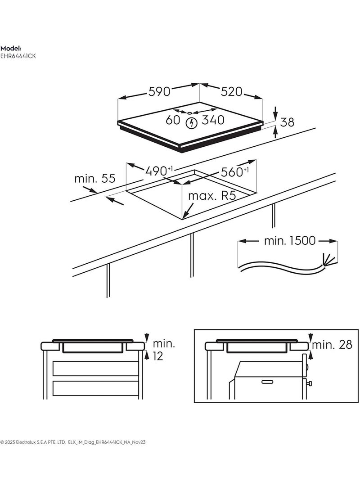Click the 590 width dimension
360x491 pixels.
(x=159, y=92)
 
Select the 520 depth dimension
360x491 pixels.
(x=231, y=92)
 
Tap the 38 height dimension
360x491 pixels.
(x=288, y=122)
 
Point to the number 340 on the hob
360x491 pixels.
(x=213, y=121)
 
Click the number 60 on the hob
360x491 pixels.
(x=173, y=121)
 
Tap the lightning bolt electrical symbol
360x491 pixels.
(x=192, y=122)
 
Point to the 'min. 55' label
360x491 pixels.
(x=95, y=179)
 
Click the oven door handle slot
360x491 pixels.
(x=267, y=382)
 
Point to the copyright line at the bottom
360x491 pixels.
(x=72, y=442)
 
